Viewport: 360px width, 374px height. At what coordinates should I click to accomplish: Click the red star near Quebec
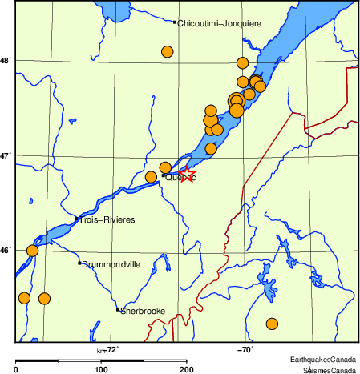coord(186,174)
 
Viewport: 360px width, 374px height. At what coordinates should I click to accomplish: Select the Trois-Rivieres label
coord(107,219)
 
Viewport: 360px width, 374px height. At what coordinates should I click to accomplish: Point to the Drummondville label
coord(111,263)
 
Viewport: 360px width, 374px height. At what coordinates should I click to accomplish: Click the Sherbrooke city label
coord(143,311)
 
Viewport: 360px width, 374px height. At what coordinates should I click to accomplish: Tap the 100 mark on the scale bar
coord(101,369)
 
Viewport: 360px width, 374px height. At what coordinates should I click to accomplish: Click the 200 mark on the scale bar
coord(186,369)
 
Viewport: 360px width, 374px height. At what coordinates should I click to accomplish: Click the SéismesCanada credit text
coord(329,370)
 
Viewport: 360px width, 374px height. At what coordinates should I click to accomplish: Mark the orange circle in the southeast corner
coord(272,324)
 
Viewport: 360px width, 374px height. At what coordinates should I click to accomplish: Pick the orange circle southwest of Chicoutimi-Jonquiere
coord(168,52)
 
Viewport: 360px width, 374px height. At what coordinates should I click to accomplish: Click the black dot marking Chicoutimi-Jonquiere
coord(175,22)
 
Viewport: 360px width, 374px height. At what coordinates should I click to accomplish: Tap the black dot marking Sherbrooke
coord(118,309)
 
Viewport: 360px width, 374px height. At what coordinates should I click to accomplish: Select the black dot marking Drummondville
coord(79,263)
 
